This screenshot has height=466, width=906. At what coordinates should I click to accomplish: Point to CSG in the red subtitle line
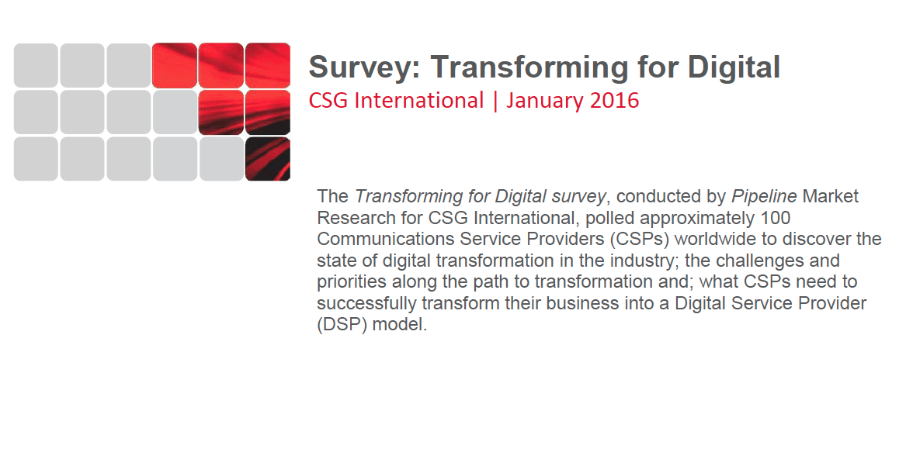click(328, 100)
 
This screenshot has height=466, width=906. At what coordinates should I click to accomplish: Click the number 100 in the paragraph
click(776, 218)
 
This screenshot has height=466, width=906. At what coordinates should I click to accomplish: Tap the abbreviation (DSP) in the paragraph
click(342, 325)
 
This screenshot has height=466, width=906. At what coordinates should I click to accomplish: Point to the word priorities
click(352, 282)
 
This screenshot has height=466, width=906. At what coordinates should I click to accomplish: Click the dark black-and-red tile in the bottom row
click(268, 159)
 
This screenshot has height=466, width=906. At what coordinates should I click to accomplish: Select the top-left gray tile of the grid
click(36, 65)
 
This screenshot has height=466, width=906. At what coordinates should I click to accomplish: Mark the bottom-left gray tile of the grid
click(36, 159)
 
